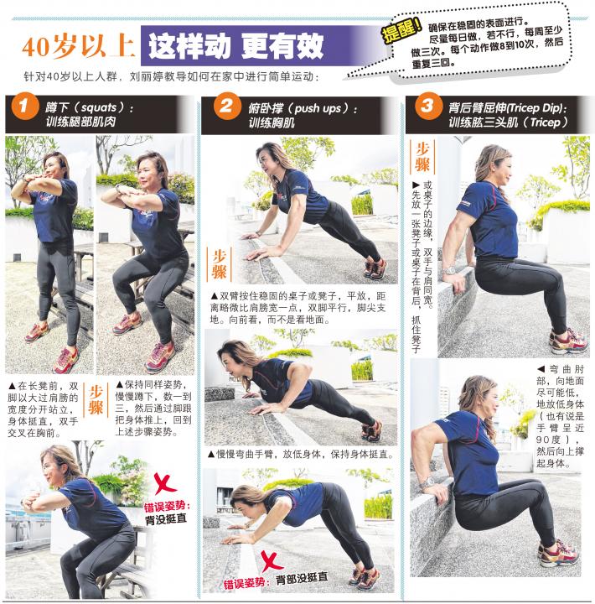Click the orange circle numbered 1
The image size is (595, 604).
tap(24, 107)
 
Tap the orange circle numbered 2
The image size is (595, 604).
tap(227, 107)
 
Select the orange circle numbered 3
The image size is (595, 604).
tap(428, 106)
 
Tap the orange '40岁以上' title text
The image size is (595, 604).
tap(78, 46)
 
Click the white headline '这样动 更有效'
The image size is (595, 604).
tap(235, 46)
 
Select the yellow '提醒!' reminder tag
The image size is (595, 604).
tap(401, 31)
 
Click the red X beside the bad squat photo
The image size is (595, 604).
tap(165, 484)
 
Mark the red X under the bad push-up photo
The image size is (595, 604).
tap(272, 561)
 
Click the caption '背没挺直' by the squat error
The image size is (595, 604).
tap(165, 519)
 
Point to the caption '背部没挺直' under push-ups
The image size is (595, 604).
tap(303, 578)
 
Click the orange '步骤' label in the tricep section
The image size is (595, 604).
tap(422, 156)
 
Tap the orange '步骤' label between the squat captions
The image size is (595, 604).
tap(96, 400)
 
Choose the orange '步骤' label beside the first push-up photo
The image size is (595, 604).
tap(220, 264)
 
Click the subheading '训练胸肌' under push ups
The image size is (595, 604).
tap(272, 122)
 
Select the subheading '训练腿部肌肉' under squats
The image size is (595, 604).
tap(80, 122)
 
